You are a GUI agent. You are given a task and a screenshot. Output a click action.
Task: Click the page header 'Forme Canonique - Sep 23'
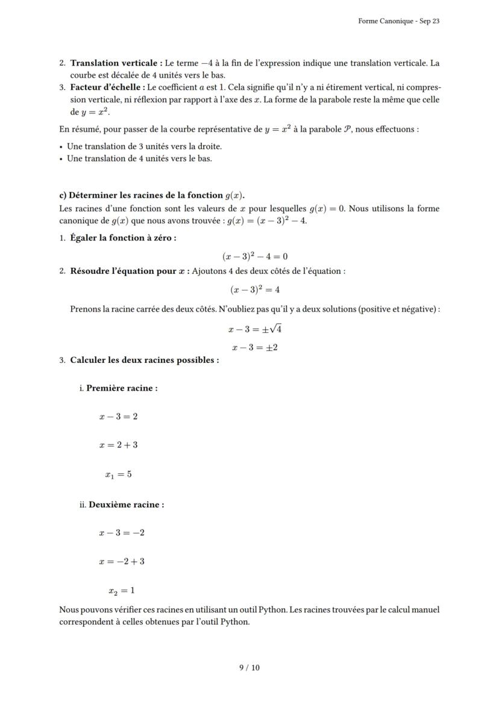click(x=398, y=21)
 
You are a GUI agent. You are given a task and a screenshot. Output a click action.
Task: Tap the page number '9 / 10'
click(x=249, y=667)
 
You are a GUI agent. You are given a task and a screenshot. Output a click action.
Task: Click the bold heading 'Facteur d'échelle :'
click(x=108, y=87)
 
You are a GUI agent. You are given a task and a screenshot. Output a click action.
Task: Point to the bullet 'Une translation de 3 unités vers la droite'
click(x=144, y=147)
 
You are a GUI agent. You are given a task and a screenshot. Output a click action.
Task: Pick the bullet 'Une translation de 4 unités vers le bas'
click(x=139, y=159)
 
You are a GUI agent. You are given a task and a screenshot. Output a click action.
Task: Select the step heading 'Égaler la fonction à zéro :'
click(x=123, y=238)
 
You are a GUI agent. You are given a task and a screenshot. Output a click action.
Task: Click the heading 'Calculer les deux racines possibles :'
click(x=145, y=360)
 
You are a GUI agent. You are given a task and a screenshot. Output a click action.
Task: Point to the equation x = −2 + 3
click(x=122, y=561)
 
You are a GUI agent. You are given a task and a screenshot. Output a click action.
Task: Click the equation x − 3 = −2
click(x=122, y=533)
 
